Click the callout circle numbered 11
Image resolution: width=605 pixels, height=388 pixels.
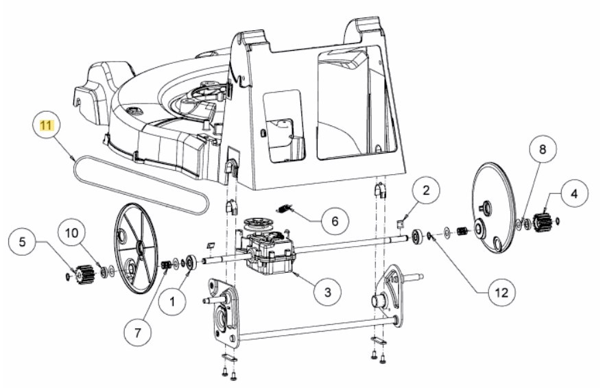click(46, 126)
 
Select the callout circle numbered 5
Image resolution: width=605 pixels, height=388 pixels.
click(23, 242)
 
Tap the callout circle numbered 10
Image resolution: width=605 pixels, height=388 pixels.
click(71, 232)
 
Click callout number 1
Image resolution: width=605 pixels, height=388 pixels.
click(171, 299)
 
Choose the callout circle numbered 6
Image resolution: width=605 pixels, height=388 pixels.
click(334, 221)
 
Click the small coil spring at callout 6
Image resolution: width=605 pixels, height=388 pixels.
click(285, 208)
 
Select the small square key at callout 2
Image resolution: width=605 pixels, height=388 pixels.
click(401, 221)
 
